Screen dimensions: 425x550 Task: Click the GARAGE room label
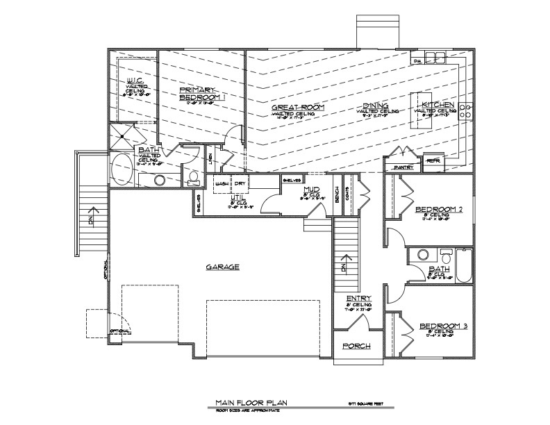[x=222, y=267]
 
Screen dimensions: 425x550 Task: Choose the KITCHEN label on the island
[x=435, y=104]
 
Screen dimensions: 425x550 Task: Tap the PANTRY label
[x=403, y=167]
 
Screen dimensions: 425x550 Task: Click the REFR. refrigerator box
[x=433, y=161]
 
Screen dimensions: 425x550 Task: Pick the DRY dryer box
[x=240, y=183]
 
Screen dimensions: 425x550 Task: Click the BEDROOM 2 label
[x=439, y=209]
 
